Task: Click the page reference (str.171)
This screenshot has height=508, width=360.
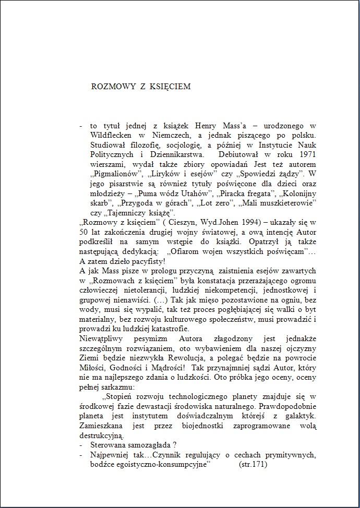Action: (x=253, y=464)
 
